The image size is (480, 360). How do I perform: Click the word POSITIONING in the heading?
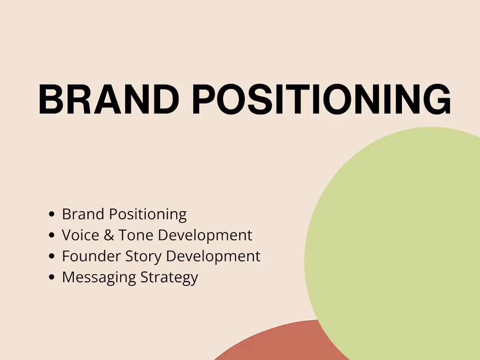322,99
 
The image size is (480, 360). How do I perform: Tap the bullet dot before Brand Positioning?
52,214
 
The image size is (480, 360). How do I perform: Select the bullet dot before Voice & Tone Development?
52,235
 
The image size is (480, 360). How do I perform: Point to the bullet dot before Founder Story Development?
52,256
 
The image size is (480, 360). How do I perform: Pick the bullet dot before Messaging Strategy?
52,277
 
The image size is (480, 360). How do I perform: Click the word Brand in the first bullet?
83,214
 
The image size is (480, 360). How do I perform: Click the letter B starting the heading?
51,99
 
